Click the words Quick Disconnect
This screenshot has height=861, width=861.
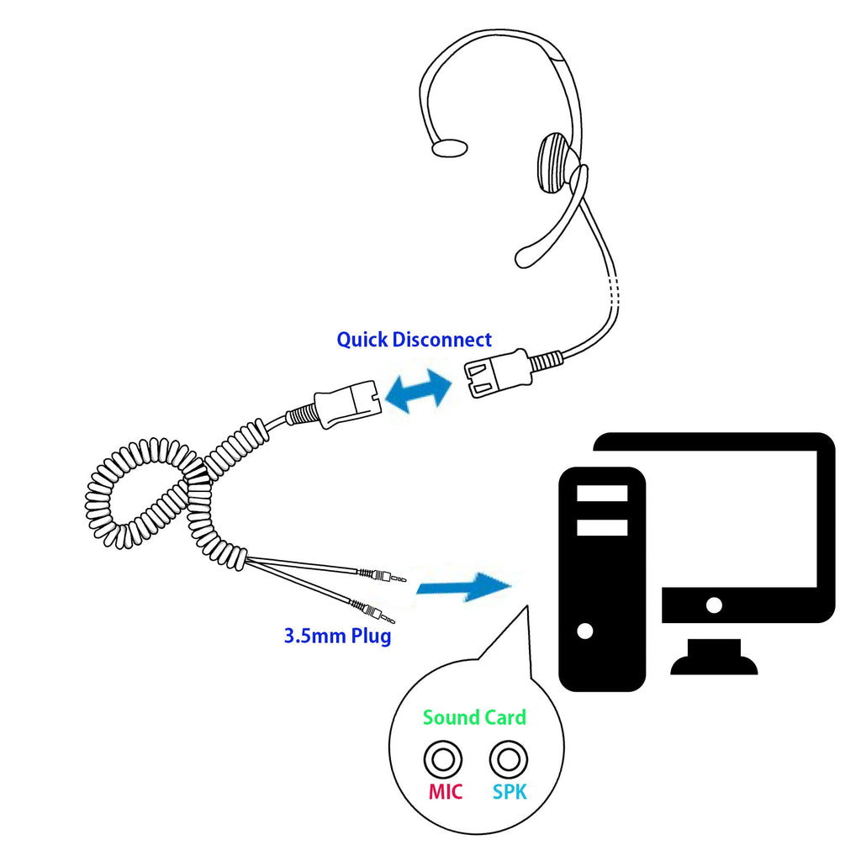(x=414, y=341)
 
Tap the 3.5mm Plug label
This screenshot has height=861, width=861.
(x=337, y=636)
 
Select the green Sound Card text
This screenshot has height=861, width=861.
(x=474, y=717)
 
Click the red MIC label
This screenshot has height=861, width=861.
(x=445, y=792)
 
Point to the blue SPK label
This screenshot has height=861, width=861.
(x=510, y=792)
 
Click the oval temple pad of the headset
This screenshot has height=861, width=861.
(x=449, y=148)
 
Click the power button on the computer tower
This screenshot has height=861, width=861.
(x=586, y=630)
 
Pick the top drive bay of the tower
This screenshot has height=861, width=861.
(x=602, y=493)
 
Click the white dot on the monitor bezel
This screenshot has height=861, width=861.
(x=714, y=604)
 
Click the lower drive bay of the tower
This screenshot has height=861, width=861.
(x=602, y=527)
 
